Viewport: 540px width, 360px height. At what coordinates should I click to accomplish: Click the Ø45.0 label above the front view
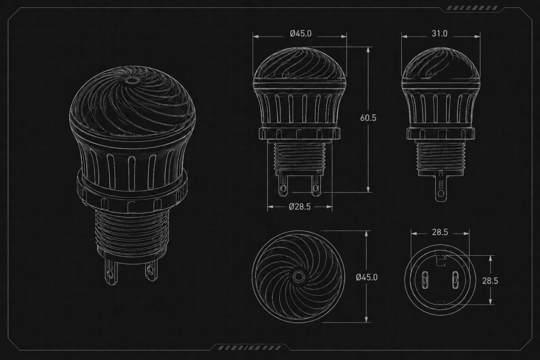pos(301,33)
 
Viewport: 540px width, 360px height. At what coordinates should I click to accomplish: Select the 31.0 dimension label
pos(439,33)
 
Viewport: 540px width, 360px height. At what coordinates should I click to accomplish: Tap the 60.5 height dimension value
pos(368,118)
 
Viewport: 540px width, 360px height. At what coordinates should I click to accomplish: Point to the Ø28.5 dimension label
pos(300,207)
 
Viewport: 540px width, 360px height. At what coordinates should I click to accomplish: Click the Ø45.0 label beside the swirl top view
pos(367,277)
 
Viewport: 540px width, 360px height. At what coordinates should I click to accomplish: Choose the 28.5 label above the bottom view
pos(440,232)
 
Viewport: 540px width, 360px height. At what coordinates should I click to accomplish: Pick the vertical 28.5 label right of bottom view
pos(490,280)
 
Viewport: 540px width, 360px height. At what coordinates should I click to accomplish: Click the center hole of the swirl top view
pos(298,276)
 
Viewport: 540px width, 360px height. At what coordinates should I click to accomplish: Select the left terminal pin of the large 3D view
pos(110,271)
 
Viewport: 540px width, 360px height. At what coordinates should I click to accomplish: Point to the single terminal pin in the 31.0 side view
pos(440,186)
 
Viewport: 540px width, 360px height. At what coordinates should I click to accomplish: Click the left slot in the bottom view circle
pos(425,280)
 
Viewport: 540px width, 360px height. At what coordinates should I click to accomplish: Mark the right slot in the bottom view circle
pos(455,280)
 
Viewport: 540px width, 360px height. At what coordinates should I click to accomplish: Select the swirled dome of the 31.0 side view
pos(441,65)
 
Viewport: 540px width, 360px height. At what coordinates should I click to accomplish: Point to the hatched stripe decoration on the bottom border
pos(250,347)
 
